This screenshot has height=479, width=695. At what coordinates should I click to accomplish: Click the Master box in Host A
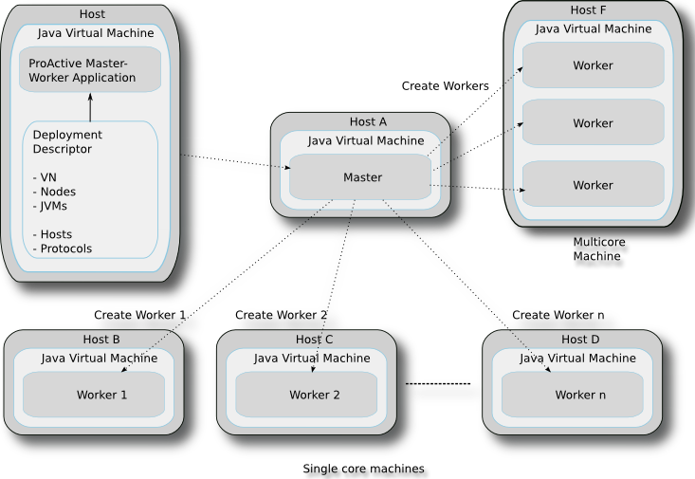[360, 177]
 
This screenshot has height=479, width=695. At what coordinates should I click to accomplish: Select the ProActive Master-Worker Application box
[90, 69]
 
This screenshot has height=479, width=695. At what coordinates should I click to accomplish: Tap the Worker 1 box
[94, 395]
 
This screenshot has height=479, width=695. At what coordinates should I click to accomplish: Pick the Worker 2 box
[306, 395]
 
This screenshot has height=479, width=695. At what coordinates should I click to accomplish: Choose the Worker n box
[573, 395]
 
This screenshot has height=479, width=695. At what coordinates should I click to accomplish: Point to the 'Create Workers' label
[445, 86]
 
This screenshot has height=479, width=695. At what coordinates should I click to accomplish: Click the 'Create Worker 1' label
[139, 315]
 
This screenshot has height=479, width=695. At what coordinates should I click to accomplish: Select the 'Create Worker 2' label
[281, 315]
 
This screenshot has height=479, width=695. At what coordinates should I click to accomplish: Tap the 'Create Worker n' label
[558, 315]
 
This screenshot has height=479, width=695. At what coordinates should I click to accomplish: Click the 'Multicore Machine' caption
[599, 249]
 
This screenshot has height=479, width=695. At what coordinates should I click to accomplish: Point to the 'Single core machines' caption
[363, 469]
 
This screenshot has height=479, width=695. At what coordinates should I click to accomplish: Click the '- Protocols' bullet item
[63, 249]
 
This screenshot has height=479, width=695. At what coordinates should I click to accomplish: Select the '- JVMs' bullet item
[49, 206]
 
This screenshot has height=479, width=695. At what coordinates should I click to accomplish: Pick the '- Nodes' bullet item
[54, 192]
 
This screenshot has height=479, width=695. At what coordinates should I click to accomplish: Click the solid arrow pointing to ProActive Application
[90, 107]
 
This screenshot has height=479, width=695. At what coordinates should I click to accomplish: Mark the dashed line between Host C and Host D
[438, 383]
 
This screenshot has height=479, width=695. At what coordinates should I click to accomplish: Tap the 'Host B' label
[101, 340]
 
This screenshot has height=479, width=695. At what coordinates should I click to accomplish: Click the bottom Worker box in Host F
[593, 184]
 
